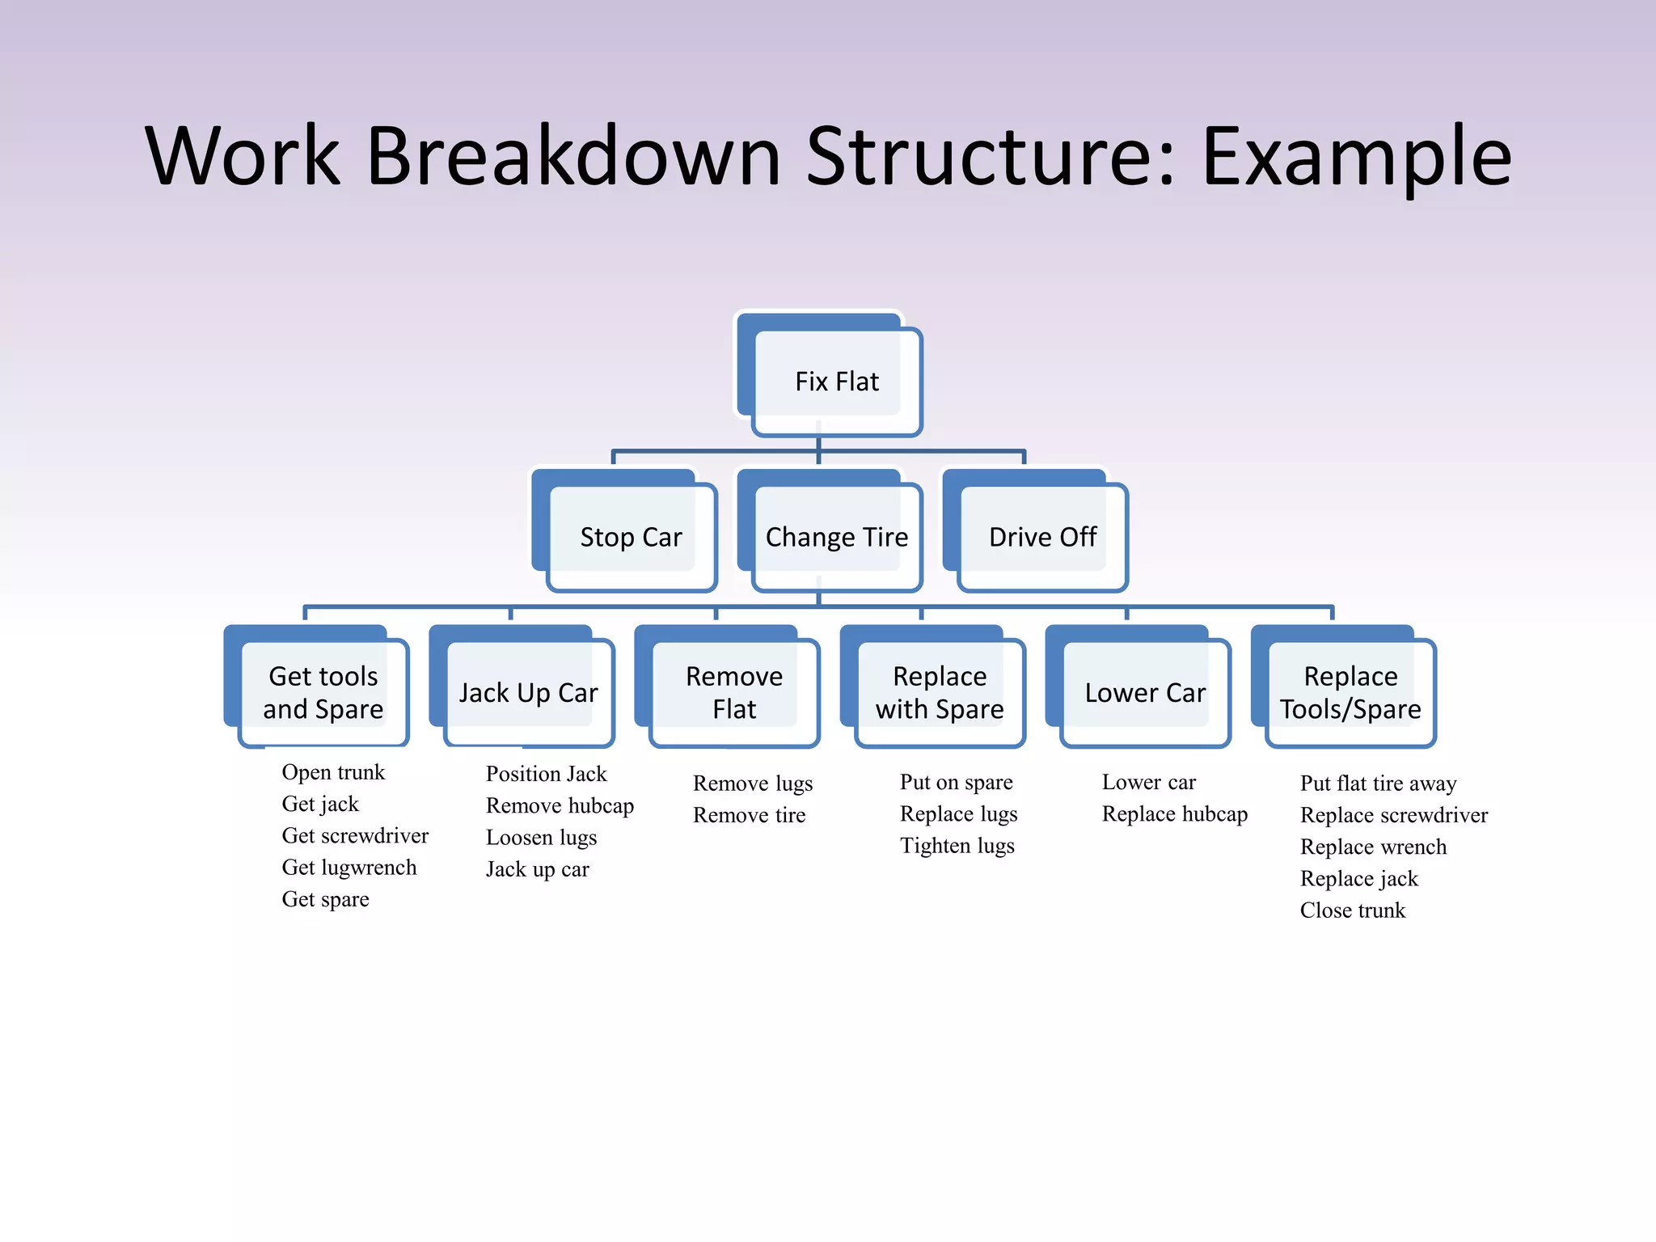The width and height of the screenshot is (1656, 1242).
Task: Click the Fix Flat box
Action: coord(836,381)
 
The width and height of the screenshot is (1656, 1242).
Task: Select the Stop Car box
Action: coord(631,537)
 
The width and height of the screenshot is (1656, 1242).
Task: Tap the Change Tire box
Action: coord(836,537)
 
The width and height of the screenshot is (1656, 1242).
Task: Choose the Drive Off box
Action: coord(1042,537)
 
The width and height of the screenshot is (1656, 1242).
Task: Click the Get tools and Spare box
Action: coord(323,692)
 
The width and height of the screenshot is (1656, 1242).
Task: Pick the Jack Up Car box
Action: coord(528,692)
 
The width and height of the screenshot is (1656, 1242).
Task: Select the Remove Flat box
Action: coord(733,692)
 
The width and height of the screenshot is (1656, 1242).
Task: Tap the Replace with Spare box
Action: coord(939,692)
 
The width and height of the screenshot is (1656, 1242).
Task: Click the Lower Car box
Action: coord(1144,692)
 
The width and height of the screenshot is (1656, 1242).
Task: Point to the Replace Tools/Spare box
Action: coord(1350,692)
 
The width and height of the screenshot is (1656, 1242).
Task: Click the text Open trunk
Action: coord(333,772)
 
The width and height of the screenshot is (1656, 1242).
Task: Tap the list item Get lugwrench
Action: coord(349,868)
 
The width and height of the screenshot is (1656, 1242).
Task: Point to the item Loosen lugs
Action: coord(541,838)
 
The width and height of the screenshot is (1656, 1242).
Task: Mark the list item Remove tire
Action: coord(749,815)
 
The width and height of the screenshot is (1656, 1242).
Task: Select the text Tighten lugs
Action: coord(957,846)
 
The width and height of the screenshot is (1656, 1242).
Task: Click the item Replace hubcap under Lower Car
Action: coord(1174,814)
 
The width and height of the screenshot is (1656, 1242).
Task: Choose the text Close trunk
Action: coord(1352,910)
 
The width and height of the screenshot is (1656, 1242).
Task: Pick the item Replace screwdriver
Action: coord(1393,815)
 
